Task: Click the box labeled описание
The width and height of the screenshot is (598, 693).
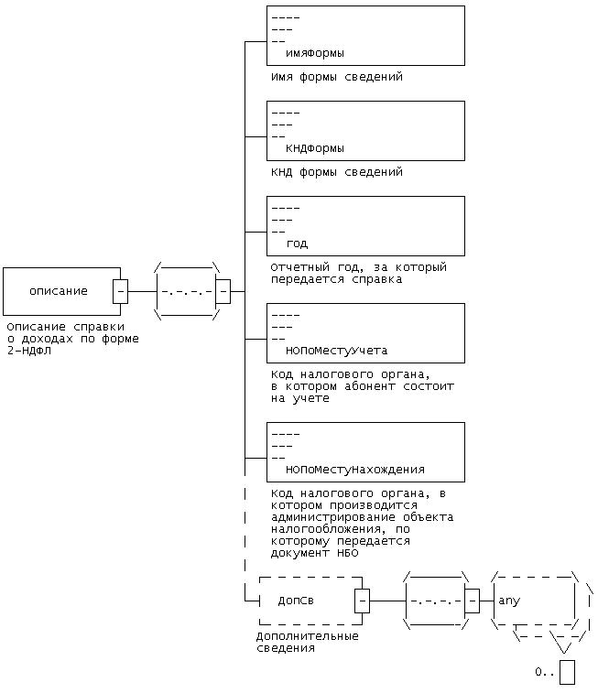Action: click(x=59, y=291)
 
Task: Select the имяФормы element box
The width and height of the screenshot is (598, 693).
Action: click(x=364, y=36)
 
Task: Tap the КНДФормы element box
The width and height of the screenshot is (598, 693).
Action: click(x=364, y=131)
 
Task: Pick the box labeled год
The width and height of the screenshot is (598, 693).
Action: click(x=364, y=226)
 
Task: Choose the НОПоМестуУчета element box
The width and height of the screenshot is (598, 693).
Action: click(x=364, y=333)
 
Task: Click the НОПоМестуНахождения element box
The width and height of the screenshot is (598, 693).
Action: click(x=364, y=451)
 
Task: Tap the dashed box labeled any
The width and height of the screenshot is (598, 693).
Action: click(x=533, y=601)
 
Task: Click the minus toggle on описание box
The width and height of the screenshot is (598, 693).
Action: click(x=120, y=291)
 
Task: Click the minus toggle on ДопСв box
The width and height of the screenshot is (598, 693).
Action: click(x=363, y=601)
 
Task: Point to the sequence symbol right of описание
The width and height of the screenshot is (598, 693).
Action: click(x=187, y=292)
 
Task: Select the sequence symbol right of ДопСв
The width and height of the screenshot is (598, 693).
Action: click(x=437, y=601)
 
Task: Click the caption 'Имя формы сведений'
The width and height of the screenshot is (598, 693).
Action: click(x=336, y=77)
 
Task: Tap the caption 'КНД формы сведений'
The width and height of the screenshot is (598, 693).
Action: click(x=336, y=172)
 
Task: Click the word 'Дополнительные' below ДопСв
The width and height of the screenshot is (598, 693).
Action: click(x=307, y=636)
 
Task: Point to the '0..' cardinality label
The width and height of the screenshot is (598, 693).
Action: click(x=545, y=673)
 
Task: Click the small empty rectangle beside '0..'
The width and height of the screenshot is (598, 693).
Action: click(x=567, y=672)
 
